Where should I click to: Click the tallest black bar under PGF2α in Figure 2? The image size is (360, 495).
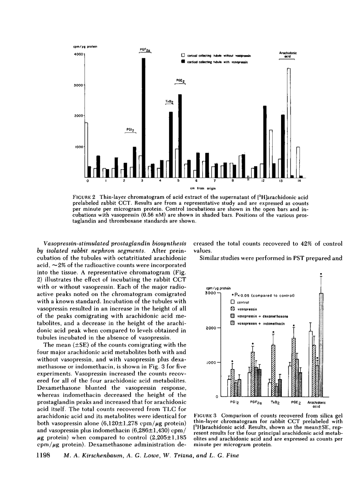click(144, 117)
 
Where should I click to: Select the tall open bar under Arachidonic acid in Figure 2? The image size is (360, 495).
click(289, 123)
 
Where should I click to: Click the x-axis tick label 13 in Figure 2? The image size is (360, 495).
click(281, 181)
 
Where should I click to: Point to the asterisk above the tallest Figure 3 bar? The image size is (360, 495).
click(321, 274)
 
